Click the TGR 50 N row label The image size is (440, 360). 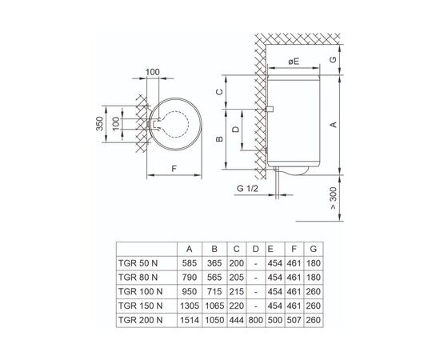pyautogui.click(x=138, y=263)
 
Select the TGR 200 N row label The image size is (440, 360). pyautogui.click(x=140, y=320)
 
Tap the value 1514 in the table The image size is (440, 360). pyautogui.click(x=190, y=320)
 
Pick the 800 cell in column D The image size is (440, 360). pyautogui.click(x=256, y=320)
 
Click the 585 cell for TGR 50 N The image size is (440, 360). pyautogui.click(x=190, y=263)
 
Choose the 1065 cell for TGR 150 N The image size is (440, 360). pyautogui.click(x=214, y=306)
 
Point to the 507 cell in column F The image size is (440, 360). pyautogui.click(x=294, y=320)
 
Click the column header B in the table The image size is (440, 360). pyautogui.click(x=214, y=249)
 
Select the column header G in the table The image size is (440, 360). pyautogui.click(x=314, y=249)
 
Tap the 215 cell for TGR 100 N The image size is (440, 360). pyautogui.click(x=237, y=291)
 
